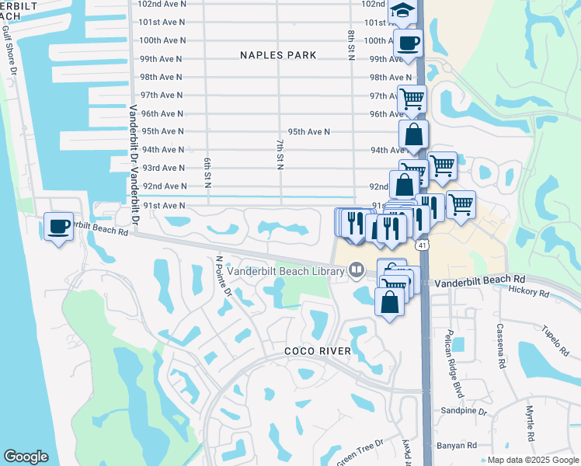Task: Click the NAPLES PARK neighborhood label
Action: click(x=277, y=55)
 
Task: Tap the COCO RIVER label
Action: click(x=317, y=351)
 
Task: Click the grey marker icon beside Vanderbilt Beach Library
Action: click(x=357, y=270)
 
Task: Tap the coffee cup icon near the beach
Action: click(x=58, y=226)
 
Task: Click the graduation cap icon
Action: click(x=402, y=9)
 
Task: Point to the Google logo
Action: click(x=26, y=457)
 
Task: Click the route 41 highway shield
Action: click(x=421, y=245)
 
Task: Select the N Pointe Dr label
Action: click(x=224, y=277)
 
